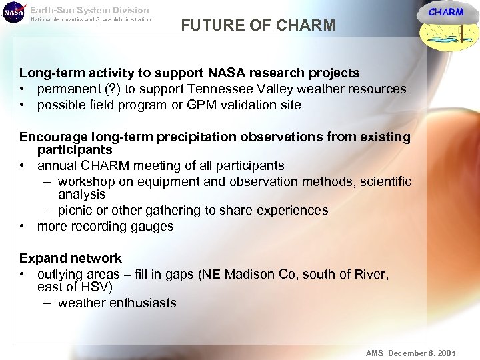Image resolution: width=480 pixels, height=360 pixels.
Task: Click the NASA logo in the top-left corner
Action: click(14, 13)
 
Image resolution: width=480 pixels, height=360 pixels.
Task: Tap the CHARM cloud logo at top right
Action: click(445, 26)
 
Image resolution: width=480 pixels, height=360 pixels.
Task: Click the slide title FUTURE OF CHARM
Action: click(258, 26)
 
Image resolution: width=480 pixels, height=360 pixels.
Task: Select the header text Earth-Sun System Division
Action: click(89, 10)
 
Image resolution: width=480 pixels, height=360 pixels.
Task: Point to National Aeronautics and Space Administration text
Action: click(91, 19)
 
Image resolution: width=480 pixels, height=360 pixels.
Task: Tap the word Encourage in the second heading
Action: click(53, 137)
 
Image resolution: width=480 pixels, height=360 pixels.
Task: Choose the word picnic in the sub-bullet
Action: click(77, 210)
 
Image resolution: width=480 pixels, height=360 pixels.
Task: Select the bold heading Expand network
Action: click(71, 258)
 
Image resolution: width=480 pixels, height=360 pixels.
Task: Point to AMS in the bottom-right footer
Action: click(375, 353)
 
